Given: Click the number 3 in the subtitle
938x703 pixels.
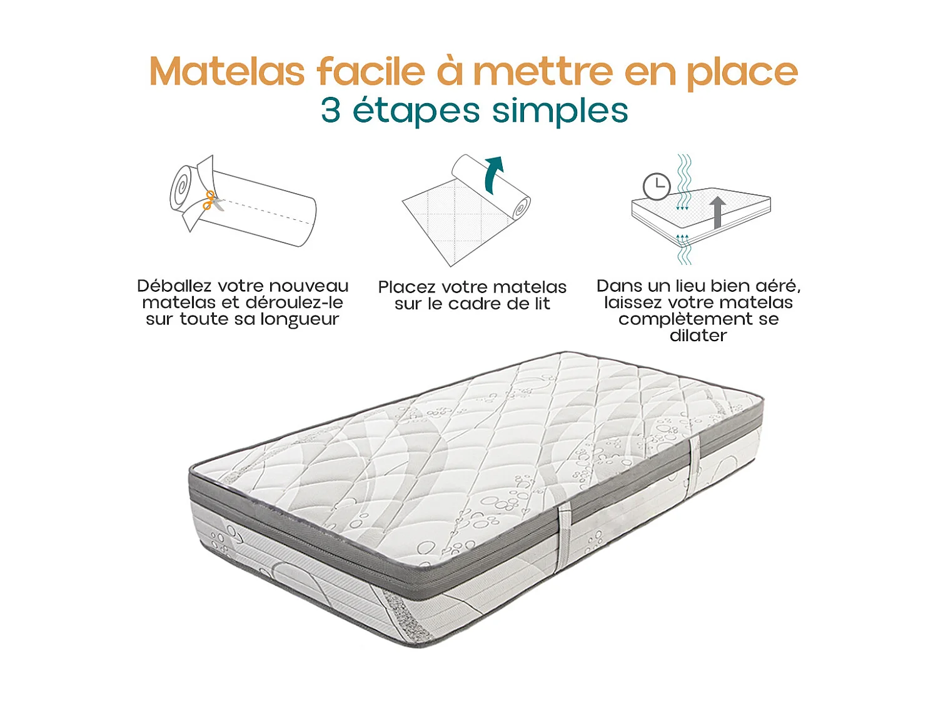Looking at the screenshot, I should pyautogui.click(x=331, y=111).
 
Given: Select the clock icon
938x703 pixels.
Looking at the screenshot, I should pyautogui.click(x=657, y=186).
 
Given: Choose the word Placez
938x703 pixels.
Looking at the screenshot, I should pyautogui.click(x=406, y=287).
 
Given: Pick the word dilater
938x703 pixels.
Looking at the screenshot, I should pyautogui.click(x=698, y=336).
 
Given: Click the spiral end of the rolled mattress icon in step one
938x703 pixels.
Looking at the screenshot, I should pyautogui.click(x=182, y=187).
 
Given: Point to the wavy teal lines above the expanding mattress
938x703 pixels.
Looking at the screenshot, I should pyautogui.click(x=685, y=172).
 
